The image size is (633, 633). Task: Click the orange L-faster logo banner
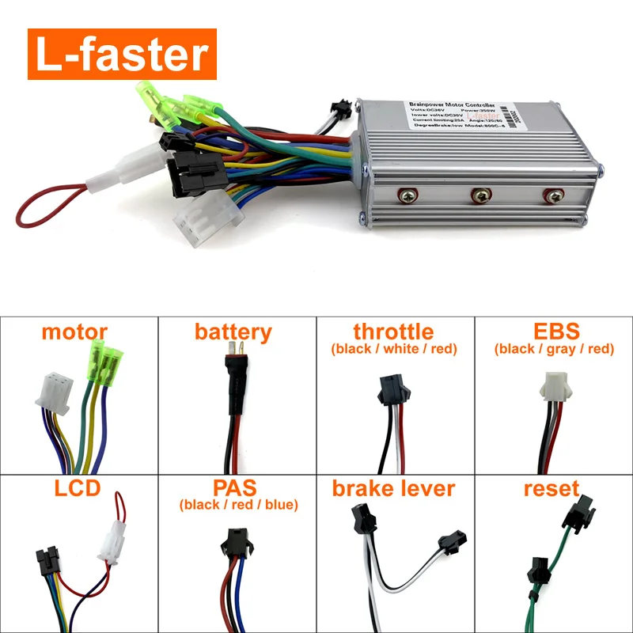click(x=122, y=54)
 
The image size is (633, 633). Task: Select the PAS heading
click(x=235, y=487)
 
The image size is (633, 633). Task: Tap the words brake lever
click(x=393, y=488)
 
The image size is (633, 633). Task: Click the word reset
click(x=552, y=488)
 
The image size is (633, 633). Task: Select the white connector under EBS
click(x=554, y=385)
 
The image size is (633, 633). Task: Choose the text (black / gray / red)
click(x=553, y=349)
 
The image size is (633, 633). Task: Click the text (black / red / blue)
click(x=237, y=505)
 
